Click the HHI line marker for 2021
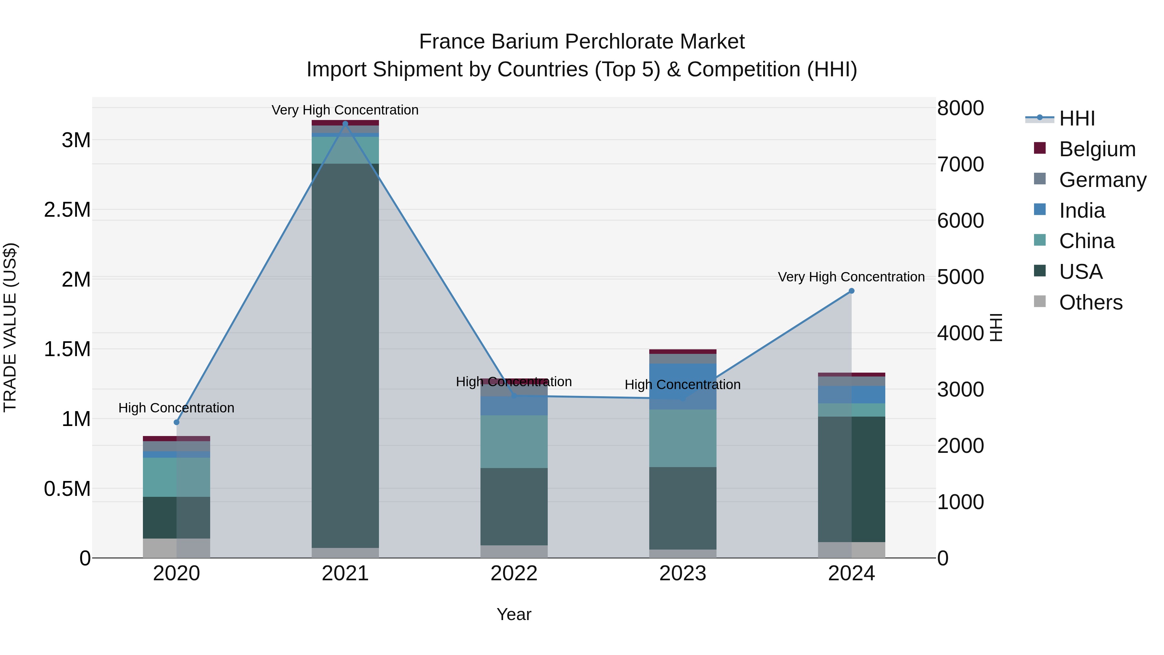click(345, 124)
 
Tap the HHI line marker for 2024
click(851, 291)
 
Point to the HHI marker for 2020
click(177, 422)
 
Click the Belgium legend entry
click(1097, 149)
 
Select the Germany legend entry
click(1102, 180)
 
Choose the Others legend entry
click(1090, 302)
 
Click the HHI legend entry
click(1076, 118)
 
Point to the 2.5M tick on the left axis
click(67, 210)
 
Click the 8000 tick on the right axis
click(960, 108)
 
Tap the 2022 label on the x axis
click(514, 573)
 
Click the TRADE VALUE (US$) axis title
click(10, 327)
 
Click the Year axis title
click(514, 614)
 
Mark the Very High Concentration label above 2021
click(345, 110)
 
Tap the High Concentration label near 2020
click(176, 408)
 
